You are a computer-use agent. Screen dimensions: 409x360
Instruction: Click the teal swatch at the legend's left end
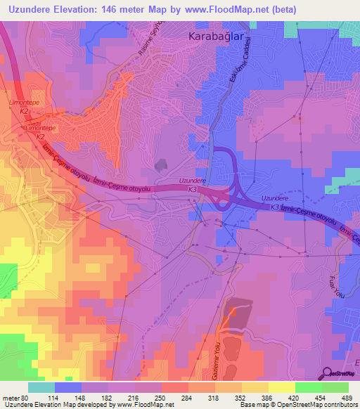41,387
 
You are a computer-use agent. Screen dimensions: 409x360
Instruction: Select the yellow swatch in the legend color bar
281,387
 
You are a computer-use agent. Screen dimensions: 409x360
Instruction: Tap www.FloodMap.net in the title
229,9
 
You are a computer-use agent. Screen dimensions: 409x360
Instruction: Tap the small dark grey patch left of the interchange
162,164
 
